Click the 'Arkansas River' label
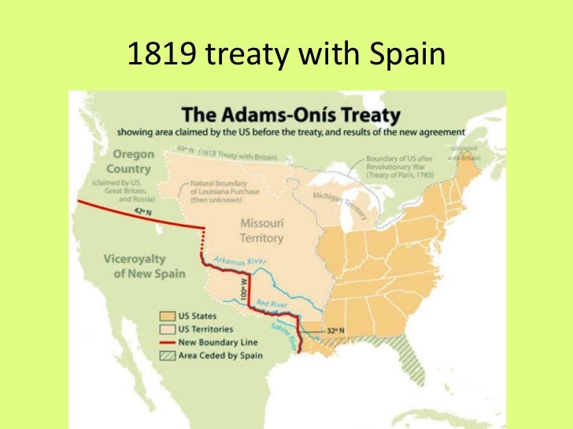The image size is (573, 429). tap(239, 262)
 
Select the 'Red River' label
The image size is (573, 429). tap(272, 302)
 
